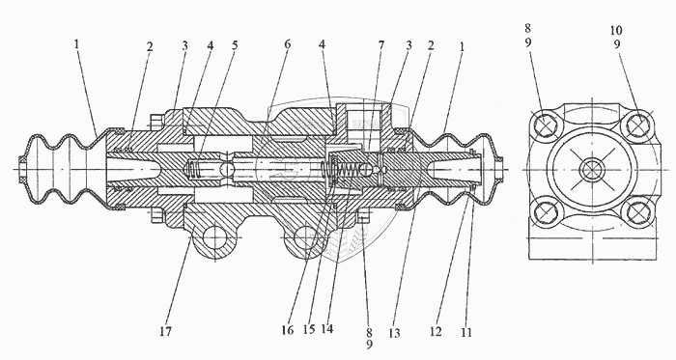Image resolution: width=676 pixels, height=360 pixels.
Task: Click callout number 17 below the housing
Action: [166, 331]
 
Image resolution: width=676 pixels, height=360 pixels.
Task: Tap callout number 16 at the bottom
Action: [288, 330]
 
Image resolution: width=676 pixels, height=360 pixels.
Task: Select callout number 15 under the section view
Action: [309, 329]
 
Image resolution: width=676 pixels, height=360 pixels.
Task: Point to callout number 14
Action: [327, 329]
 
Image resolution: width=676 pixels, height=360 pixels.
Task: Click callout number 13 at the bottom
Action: [394, 333]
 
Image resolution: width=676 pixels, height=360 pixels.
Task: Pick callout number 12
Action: [436, 331]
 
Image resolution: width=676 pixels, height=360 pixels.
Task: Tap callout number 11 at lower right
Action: [466, 332]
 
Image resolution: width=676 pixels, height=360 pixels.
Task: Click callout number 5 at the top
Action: [235, 44]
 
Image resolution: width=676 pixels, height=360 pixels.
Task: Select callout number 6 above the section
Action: [288, 44]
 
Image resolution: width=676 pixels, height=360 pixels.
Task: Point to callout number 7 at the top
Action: [381, 44]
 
